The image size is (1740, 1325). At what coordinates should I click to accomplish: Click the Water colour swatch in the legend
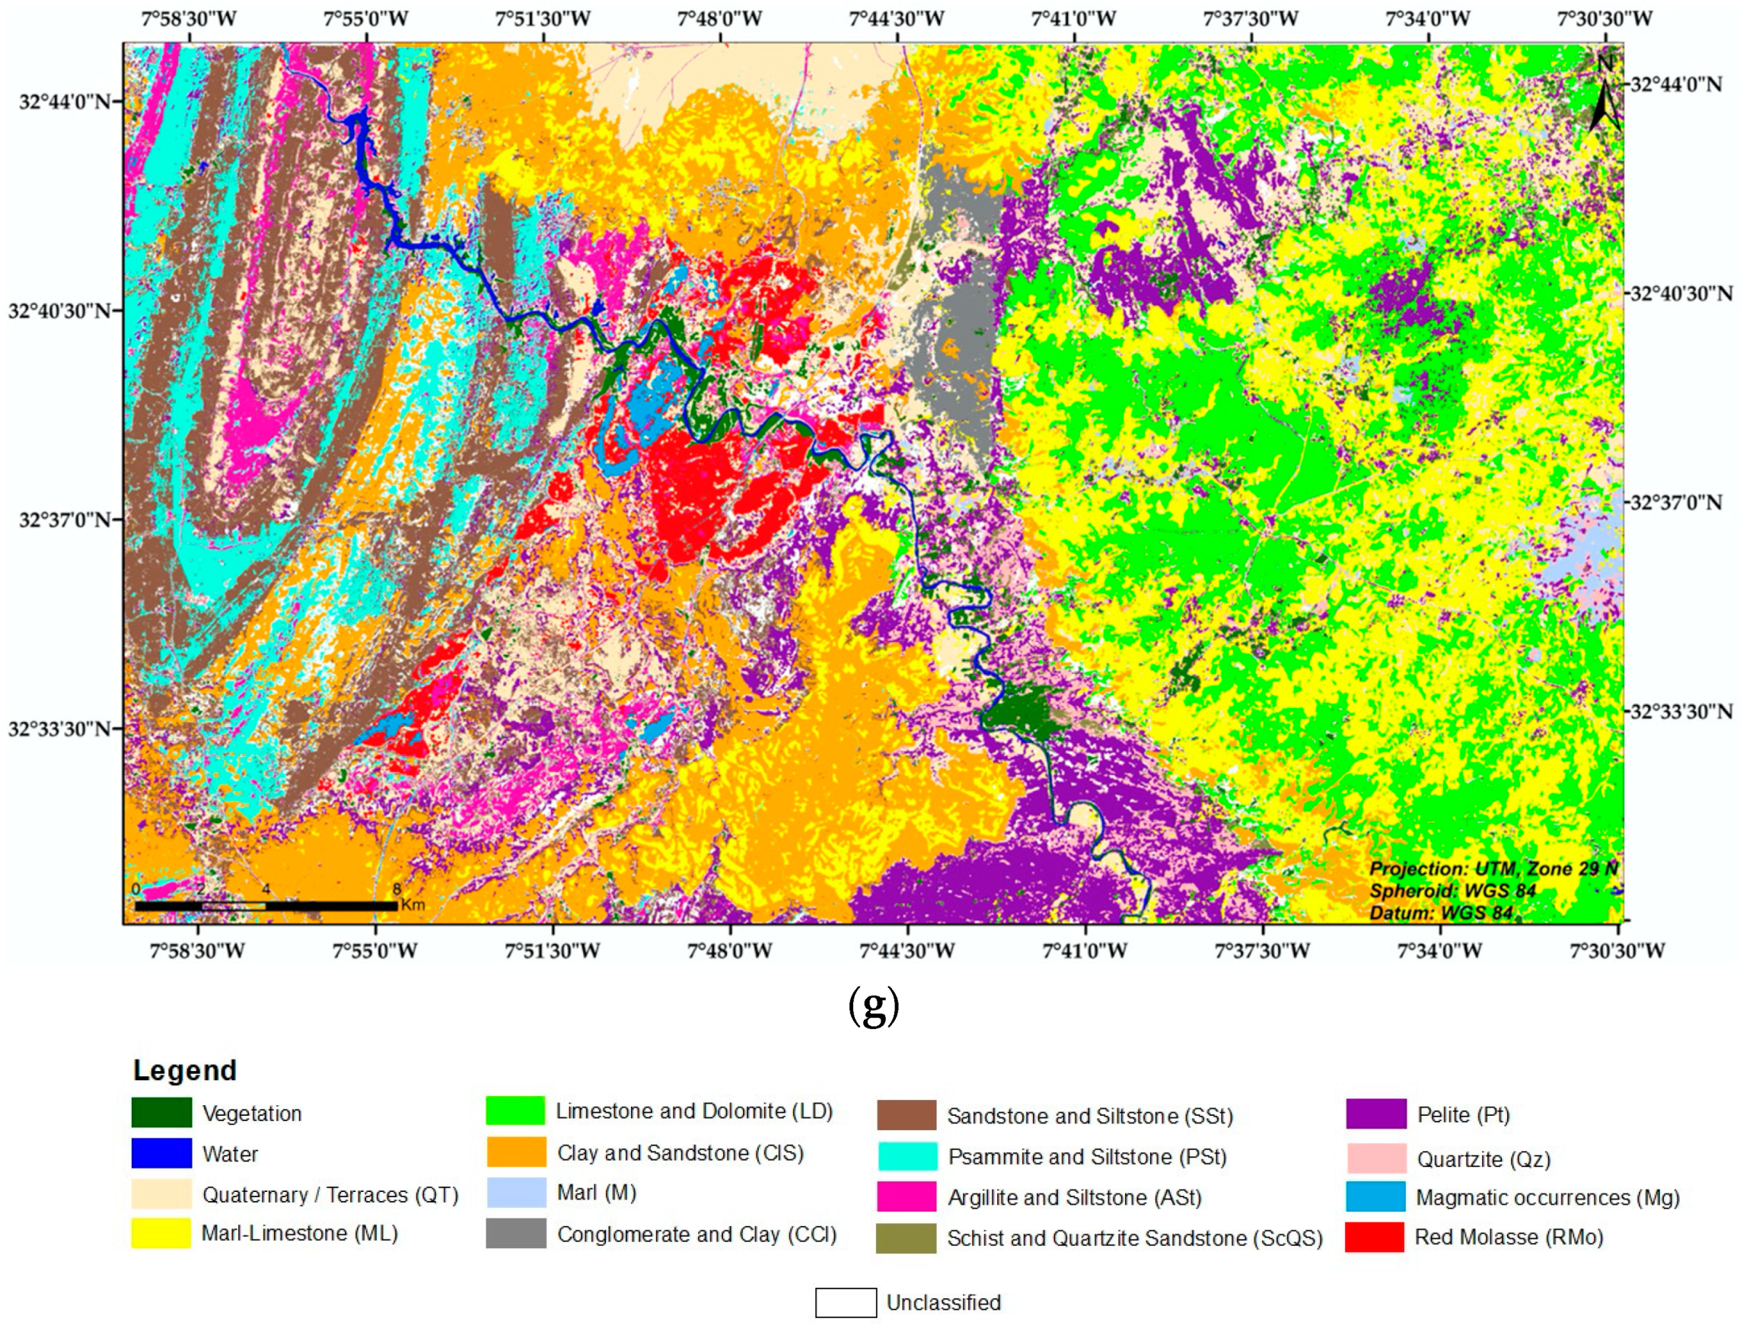tap(161, 1153)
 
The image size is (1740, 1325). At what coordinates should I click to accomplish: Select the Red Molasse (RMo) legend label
tap(1508, 1237)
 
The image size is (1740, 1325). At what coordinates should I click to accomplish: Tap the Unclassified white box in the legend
tap(845, 1303)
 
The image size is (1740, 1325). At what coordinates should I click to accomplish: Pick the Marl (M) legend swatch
tap(516, 1193)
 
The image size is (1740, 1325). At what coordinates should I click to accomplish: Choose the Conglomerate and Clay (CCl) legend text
tap(696, 1234)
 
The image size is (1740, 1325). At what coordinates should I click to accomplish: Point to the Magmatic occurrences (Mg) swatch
tap(1375, 1196)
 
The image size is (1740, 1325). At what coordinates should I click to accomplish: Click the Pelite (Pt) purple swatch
tap(1375, 1114)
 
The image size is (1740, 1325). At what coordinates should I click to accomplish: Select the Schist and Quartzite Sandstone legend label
tap(1134, 1238)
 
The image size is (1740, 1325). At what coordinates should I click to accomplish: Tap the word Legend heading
tap(185, 1070)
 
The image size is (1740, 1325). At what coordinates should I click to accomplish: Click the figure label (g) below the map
tap(873, 1006)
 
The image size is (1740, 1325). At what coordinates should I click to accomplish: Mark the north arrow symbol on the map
tap(1605, 103)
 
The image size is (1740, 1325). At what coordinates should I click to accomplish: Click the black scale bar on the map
tap(266, 906)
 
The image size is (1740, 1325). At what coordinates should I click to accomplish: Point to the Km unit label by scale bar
tap(413, 904)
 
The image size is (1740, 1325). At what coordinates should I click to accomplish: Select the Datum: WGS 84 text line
tap(1440, 913)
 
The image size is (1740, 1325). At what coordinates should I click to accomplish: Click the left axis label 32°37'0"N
tap(65, 520)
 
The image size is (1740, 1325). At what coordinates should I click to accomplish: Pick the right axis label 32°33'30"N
tap(1681, 711)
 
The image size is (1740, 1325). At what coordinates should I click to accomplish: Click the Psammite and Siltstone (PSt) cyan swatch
tap(907, 1156)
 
